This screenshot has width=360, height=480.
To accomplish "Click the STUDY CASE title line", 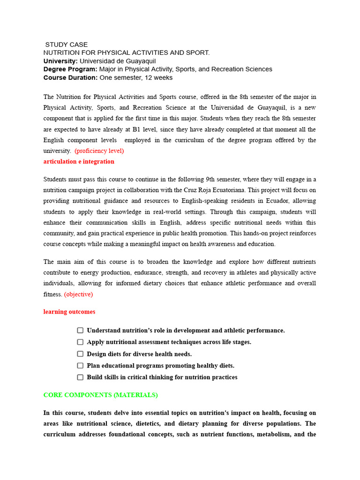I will point(66,45).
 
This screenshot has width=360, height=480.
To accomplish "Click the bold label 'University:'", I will point(60,61).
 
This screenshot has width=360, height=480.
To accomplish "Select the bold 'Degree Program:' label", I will point(70,69).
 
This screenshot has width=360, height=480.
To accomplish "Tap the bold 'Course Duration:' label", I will point(70,78).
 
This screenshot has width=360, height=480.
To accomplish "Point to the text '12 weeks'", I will point(159,78).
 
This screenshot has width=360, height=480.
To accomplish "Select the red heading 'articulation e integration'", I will point(79,162).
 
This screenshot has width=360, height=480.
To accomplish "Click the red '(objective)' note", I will point(78,294).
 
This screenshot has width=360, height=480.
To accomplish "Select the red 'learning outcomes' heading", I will point(69,312).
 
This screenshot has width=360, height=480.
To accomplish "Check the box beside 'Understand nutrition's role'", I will point(80,330).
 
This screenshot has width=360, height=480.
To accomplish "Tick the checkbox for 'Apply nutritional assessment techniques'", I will point(80,342).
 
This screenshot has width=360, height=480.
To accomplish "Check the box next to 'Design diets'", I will point(80,354).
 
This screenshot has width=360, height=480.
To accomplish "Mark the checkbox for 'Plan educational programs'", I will point(80,366).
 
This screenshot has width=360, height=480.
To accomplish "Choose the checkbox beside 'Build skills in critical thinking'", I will point(80,377).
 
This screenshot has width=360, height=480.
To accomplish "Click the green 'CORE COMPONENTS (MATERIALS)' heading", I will point(100,395).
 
